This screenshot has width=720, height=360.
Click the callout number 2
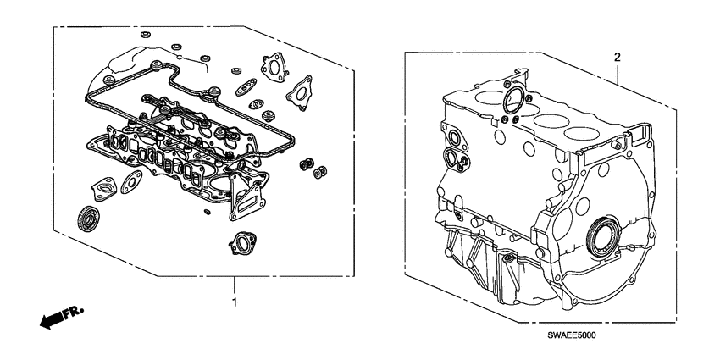(617, 57)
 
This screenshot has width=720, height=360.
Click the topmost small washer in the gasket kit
(145, 35)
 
